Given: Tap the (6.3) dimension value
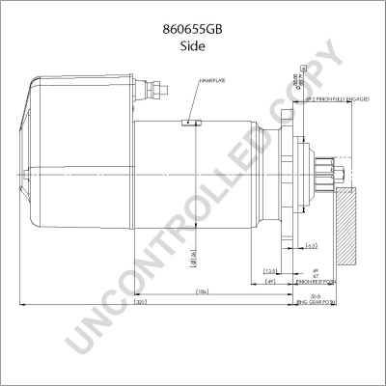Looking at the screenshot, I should tap(312, 246).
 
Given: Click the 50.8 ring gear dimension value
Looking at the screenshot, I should tap(316, 296).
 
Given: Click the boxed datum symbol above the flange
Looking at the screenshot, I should tap(305, 68).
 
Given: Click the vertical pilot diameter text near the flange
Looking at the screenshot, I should tap(296, 82).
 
